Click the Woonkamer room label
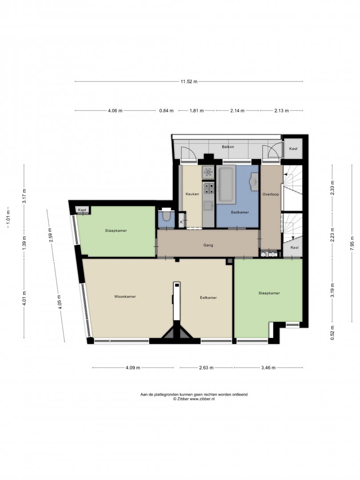coord(125,296)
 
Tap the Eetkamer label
coord(208,297)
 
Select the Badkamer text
coord(240,212)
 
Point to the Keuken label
coord(192,194)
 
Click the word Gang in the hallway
coord(208,245)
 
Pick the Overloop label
coord(271,194)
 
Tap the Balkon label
coord(228,147)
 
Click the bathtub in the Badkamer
coord(226,184)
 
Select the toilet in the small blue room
coord(167,216)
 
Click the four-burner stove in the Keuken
coord(208,188)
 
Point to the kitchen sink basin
coord(208,206)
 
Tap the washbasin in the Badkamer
coord(255,180)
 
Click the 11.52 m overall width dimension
coord(189,81)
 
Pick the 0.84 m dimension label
coord(166,111)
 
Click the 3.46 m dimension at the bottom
coord(268,368)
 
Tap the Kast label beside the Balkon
coord(293,149)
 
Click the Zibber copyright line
coord(194,399)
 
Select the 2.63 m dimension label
coord(206,368)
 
